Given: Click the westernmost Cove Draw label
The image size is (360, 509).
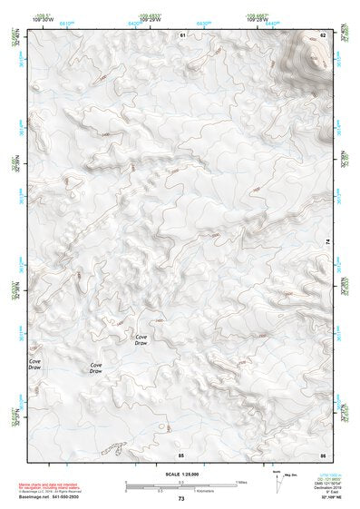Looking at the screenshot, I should tap(34, 365).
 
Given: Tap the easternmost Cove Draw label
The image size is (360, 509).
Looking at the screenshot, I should tap(141, 340).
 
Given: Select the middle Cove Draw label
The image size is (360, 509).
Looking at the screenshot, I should tap(95, 368).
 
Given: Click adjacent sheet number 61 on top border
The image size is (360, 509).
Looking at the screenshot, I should tap(181, 34).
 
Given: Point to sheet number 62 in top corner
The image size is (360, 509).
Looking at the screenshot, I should tap(322, 34).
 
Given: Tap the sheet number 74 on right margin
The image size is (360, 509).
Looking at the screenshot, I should tap(327, 241).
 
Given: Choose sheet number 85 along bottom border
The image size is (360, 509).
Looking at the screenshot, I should tap(180, 453).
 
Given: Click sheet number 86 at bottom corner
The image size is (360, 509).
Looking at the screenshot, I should tap(322, 453).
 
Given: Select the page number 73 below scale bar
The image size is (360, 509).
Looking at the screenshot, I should tap(180, 499).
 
